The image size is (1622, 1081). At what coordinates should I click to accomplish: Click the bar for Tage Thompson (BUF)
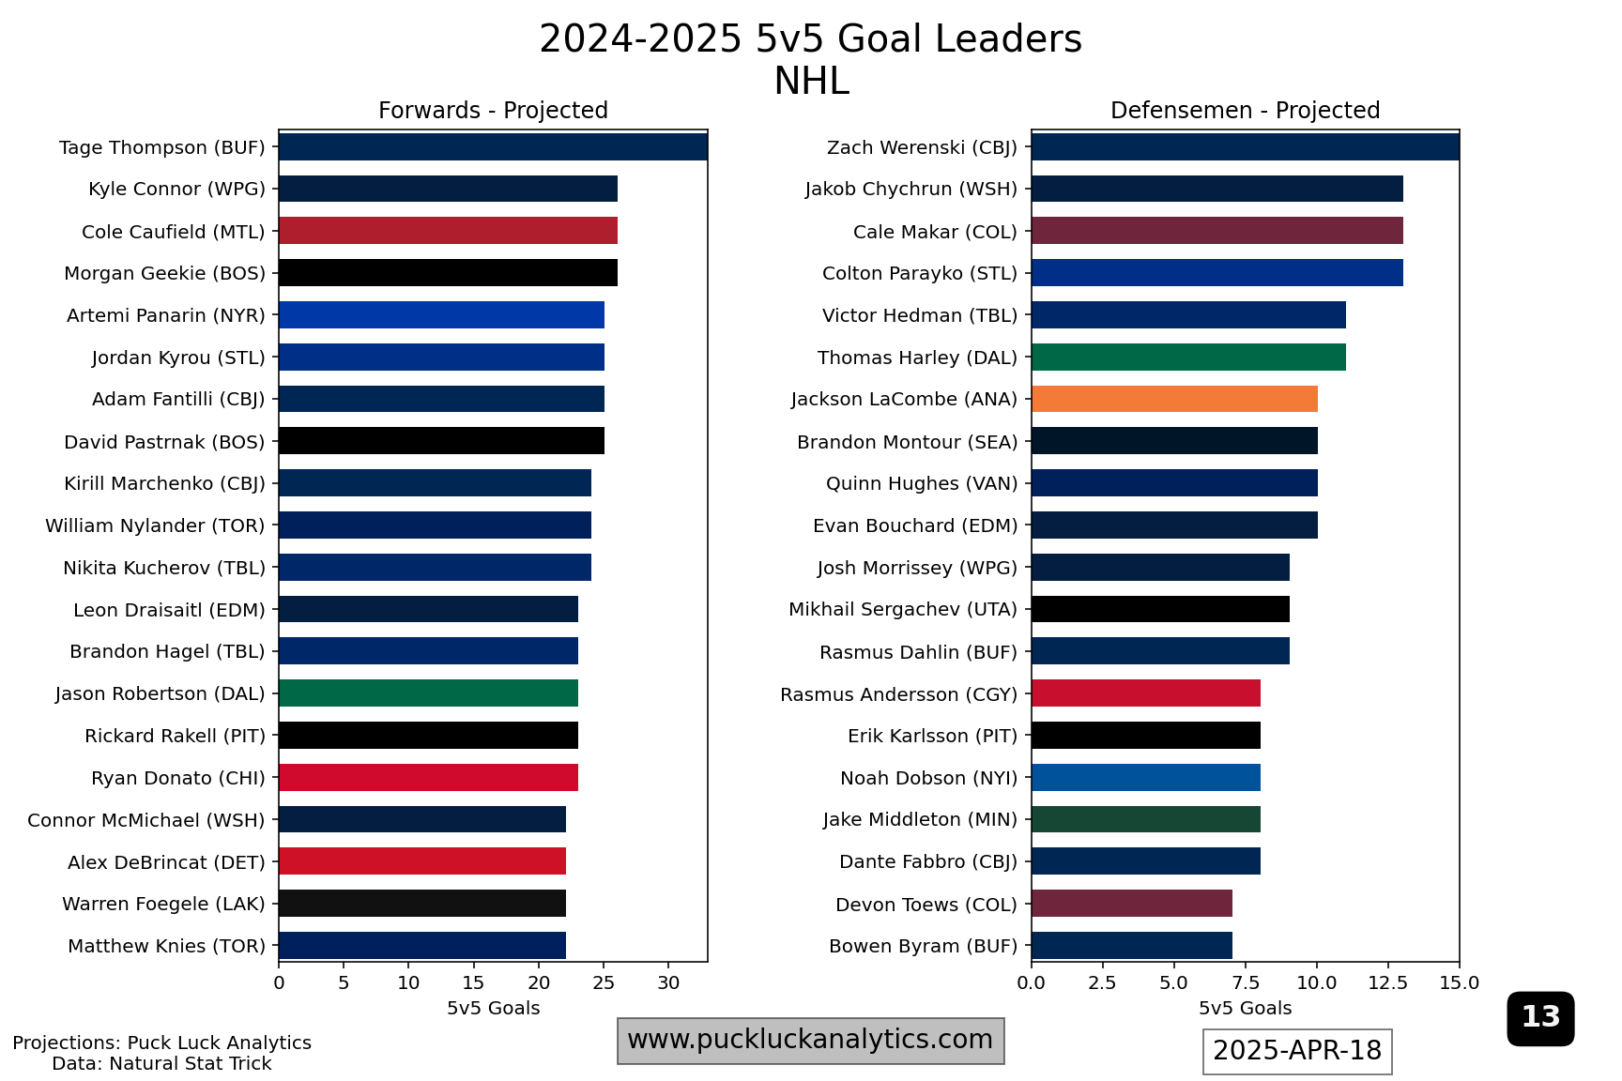(493, 147)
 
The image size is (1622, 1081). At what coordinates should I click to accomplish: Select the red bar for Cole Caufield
(448, 231)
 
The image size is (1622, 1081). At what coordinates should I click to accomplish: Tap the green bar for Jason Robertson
(428, 693)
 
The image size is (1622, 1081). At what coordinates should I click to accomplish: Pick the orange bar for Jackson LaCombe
(1174, 399)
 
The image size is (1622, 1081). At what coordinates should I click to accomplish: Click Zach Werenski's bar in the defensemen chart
(1245, 147)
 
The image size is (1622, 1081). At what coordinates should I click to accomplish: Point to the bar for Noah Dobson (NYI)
(1145, 778)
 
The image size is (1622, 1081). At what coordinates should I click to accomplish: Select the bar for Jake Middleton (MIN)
(1145, 819)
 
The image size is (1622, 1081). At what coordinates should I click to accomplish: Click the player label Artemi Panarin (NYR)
(166, 315)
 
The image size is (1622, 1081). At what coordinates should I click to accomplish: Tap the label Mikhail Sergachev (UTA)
(903, 609)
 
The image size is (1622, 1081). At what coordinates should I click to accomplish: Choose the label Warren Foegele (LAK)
(163, 904)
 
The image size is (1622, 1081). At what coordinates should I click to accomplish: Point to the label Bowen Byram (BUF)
(923, 946)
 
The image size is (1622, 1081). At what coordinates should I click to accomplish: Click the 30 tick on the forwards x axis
(668, 982)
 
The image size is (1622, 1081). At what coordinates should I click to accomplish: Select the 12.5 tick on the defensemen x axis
(1387, 982)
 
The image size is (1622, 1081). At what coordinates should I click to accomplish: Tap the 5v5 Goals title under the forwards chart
(493, 1008)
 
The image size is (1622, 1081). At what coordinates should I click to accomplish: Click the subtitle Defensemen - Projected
(1245, 111)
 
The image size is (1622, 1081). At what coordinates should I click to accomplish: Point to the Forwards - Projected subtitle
(493, 111)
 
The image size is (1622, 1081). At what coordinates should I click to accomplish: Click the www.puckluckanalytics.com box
(810, 1040)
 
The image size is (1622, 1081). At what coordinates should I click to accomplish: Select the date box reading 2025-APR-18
(1297, 1051)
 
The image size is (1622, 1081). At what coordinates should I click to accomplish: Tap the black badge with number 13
(1540, 1017)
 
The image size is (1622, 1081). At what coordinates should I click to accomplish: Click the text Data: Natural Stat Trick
(161, 1063)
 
